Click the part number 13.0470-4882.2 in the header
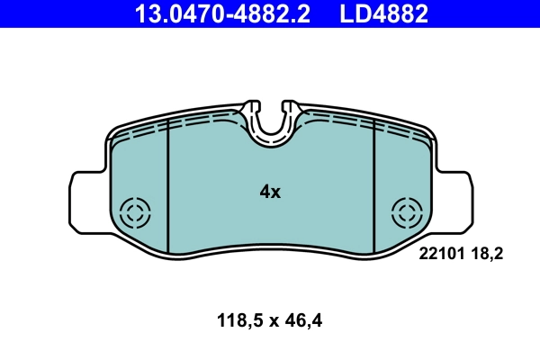pos(227,13)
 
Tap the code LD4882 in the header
pos(382,13)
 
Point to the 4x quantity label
pos(270,192)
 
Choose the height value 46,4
pos(302,319)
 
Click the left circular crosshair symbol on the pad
pos(136,213)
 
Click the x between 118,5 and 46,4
pos(272,319)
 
